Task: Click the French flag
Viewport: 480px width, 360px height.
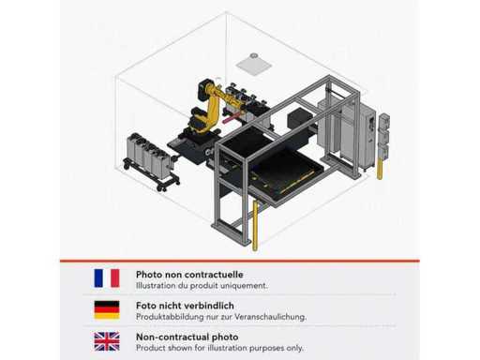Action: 107,277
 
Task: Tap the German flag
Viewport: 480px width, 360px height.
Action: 107,309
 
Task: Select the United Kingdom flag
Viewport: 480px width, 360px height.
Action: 107,341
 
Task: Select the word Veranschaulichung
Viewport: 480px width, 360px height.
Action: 270,317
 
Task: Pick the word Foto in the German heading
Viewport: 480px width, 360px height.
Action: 146,306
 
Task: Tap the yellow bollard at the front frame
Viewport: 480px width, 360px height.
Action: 255,225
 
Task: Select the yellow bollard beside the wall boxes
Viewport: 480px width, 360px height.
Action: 380,169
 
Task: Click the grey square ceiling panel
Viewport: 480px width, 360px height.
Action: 254,66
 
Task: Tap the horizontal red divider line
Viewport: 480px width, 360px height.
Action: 240,261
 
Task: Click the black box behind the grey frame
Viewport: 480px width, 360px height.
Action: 299,118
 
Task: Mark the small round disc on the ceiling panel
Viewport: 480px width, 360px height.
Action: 254,55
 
